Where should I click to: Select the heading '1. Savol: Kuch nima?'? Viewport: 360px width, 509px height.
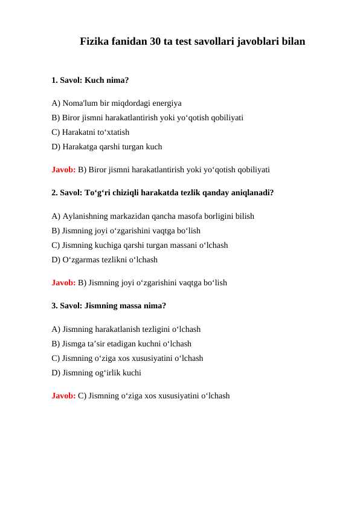[90, 79]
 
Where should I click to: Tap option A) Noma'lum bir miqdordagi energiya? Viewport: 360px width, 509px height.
[117, 103]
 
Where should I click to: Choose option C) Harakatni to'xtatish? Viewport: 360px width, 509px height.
[91, 132]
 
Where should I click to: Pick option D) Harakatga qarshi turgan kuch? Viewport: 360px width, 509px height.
[107, 146]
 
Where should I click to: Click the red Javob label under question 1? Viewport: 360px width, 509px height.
[63, 169]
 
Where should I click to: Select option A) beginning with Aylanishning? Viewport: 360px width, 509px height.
[153, 216]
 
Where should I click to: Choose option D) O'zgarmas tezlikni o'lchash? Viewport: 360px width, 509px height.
[104, 259]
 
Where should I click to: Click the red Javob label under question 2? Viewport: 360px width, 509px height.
[63, 282]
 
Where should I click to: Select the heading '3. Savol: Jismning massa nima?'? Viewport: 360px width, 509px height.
[109, 306]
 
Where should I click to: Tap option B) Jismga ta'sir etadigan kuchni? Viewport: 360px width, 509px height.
[121, 343]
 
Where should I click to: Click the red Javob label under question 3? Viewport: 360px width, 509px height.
[63, 396]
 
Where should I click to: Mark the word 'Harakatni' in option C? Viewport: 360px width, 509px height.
[79, 132]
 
